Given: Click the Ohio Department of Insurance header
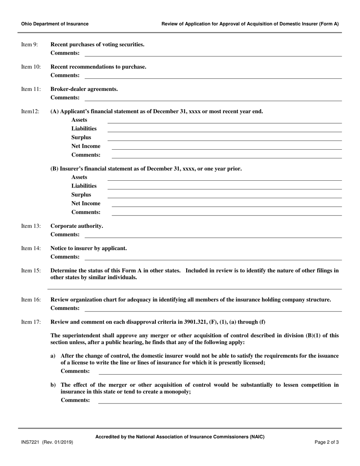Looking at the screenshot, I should tap(55, 24).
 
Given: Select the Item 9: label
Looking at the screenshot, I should tap(30, 45).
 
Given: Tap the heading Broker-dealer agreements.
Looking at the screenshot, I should tap(84, 89).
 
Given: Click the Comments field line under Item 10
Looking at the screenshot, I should tap(213, 78).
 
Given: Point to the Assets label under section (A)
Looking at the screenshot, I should tap(79, 120).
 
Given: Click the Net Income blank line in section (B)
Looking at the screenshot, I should tap(226, 206).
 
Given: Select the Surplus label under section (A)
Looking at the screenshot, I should tap(81, 138).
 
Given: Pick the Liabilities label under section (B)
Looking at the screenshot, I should tap(84, 186).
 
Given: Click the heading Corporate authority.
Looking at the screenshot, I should tap(77, 226).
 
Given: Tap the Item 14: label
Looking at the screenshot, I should tap(31, 249).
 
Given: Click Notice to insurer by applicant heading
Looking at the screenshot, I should tap(89, 249).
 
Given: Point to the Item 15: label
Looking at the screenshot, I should tap(31, 271).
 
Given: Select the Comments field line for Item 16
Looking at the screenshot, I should tap(213, 311).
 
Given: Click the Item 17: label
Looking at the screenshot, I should tap(31, 322).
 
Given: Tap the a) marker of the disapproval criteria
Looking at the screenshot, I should tap(53, 356).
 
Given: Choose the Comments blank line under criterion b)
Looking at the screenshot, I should tap(220, 403).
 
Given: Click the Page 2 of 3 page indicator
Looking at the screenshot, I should tap(327, 442).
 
